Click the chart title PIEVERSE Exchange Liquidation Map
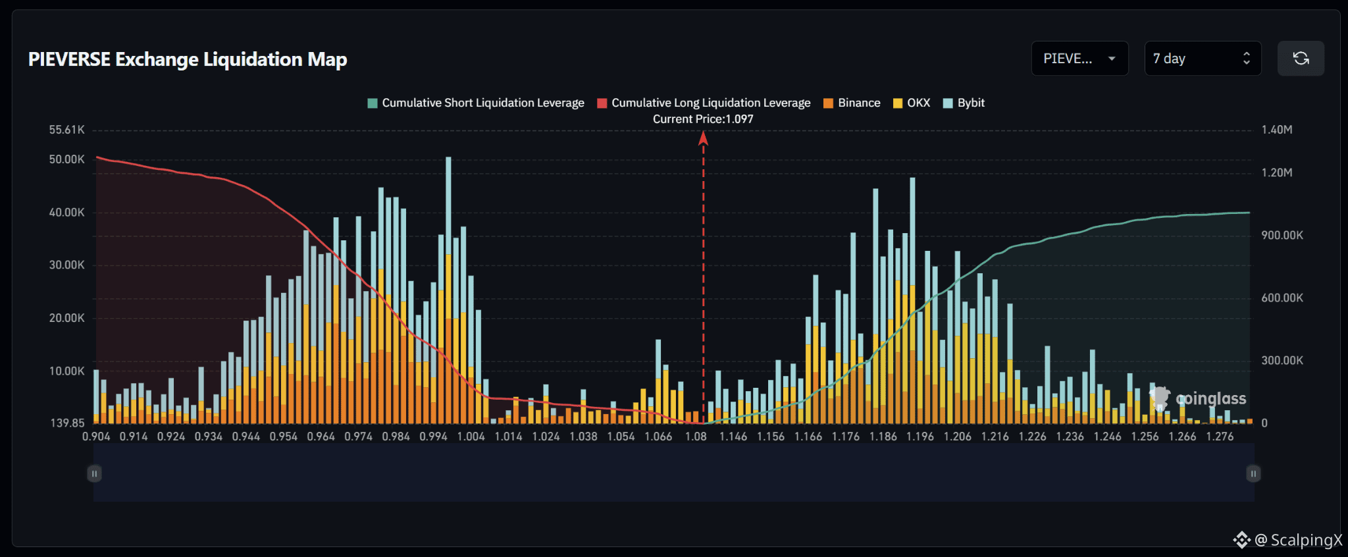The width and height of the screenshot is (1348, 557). click(x=188, y=59)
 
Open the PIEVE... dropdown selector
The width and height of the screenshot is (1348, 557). click(x=1079, y=59)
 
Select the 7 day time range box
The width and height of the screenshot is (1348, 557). click(x=1203, y=59)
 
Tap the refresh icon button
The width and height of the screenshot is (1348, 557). click(x=1301, y=59)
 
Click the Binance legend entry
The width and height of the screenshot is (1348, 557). click(x=852, y=103)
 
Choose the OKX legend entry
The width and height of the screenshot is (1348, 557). click(x=912, y=103)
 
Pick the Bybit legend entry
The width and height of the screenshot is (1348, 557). click(x=964, y=103)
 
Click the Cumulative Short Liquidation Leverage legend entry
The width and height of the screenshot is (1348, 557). click(x=476, y=103)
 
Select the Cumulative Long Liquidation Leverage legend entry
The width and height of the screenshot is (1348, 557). click(x=704, y=103)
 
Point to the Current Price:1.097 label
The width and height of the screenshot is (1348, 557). click(x=703, y=119)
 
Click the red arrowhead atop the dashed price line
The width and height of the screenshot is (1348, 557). click(x=703, y=138)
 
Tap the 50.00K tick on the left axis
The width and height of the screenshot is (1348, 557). click(x=66, y=159)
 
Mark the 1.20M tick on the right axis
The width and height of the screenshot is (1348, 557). click(x=1277, y=172)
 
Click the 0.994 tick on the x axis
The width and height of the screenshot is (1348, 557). click(x=434, y=437)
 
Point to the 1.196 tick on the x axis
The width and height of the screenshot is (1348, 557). click(x=920, y=437)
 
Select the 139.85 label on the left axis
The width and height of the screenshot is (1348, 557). click(x=68, y=423)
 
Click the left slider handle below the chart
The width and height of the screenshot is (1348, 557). click(x=94, y=473)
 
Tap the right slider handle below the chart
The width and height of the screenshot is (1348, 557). click(x=1253, y=473)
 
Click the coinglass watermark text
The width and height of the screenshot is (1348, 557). click(x=1210, y=398)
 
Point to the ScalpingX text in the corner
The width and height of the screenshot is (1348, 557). click(x=1306, y=540)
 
